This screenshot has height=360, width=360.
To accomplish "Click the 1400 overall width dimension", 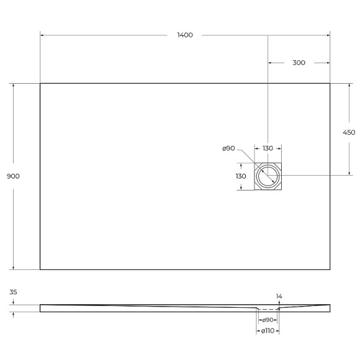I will (184, 35).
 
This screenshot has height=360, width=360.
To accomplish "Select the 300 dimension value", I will (299, 63).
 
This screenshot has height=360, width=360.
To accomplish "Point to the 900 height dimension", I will (13, 176).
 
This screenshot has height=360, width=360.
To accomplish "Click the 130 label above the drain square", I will (268, 148).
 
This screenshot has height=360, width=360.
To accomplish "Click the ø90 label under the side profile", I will (268, 319).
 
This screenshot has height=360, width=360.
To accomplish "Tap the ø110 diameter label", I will (268, 331).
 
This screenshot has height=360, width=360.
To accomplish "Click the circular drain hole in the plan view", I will (268, 176).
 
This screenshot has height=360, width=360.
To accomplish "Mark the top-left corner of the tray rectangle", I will (40, 83).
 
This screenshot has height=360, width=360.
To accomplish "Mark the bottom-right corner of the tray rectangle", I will (330, 269).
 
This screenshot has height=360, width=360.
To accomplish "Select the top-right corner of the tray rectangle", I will (330, 83).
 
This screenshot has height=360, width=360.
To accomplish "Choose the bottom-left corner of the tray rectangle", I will (40, 269).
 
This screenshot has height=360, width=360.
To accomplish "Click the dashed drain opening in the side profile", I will (268, 308).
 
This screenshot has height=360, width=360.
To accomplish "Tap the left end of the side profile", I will (41, 307).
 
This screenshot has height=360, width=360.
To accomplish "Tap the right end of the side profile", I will (330, 307).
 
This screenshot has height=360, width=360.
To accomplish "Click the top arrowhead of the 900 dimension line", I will (13, 86).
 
